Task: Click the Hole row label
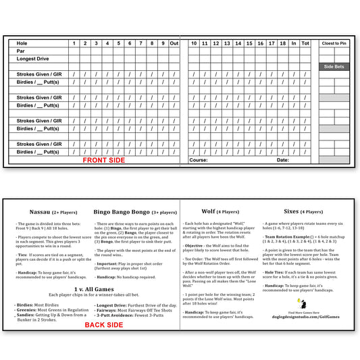click(22, 43)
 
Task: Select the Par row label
click(21, 51)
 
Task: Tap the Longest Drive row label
click(33, 59)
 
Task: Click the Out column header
click(174, 43)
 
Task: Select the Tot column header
click(305, 43)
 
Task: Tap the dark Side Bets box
click(334, 66)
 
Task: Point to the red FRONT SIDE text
click(103, 161)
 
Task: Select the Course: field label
click(199, 160)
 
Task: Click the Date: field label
click(282, 160)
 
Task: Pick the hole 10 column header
click(194, 43)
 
